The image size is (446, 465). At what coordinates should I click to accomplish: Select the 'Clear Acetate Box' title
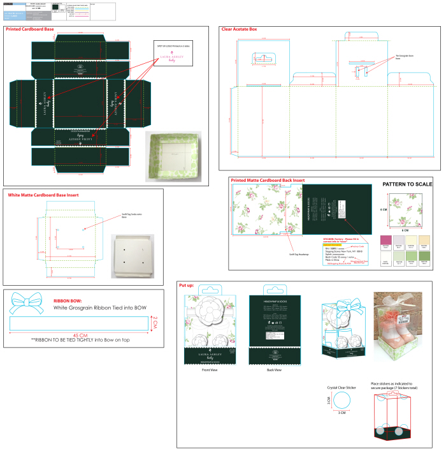[240, 29]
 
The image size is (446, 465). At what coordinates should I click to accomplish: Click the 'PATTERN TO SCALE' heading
[407, 184]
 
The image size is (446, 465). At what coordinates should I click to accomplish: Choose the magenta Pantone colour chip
[384, 240]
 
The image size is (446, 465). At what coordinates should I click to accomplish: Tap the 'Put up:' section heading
[187, 285]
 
